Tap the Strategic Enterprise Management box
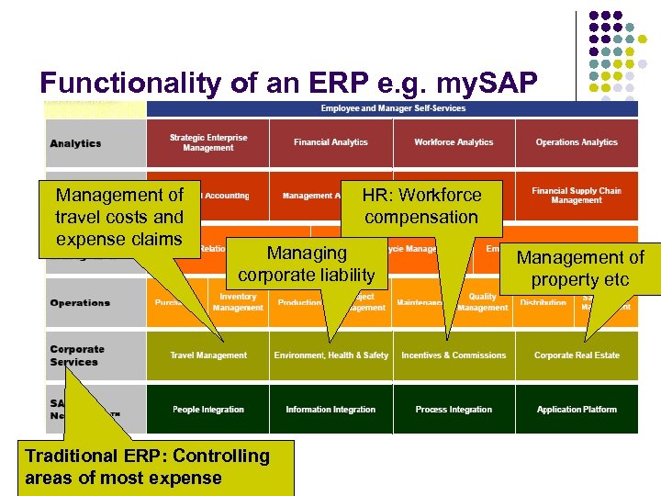tap(208, 142)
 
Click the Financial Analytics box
tap(330, 142)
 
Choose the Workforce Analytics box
tap(454, 142)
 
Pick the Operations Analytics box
tap(577, 142)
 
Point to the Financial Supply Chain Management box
tap(577, 195)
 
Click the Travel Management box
tap(208, 355)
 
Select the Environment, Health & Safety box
tap(330, 355)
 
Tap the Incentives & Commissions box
tap(454, 355)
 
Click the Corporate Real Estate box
tap(577, 355)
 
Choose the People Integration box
tap(208, 410)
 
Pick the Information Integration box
tap(330, 410)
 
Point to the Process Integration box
tap(454, 410)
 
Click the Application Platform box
tap(577, 410)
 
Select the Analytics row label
tap(76, 143)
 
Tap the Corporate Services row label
tap(77, 355)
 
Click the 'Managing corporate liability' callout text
tap(306, 264)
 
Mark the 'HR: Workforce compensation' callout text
tap(421, 206)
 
